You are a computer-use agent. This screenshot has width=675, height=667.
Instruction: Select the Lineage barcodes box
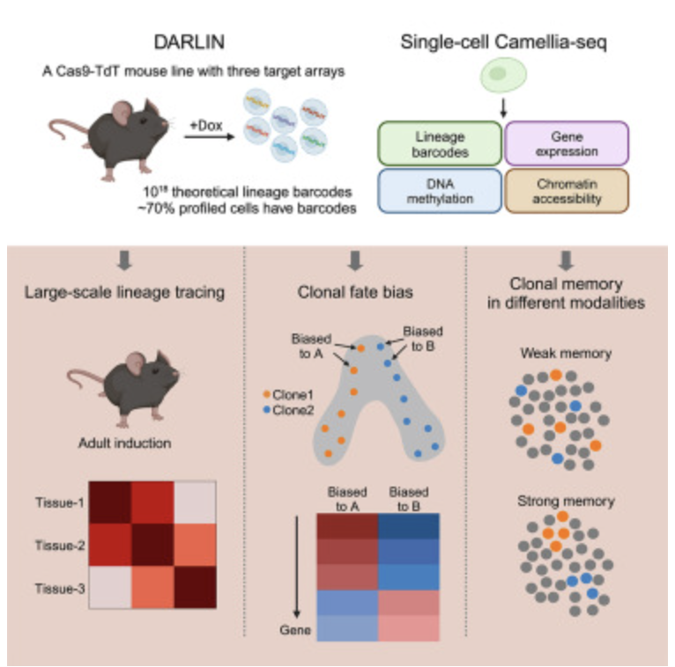tap(438, 144)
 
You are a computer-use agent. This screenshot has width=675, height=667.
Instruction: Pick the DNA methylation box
tap(438, 191)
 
